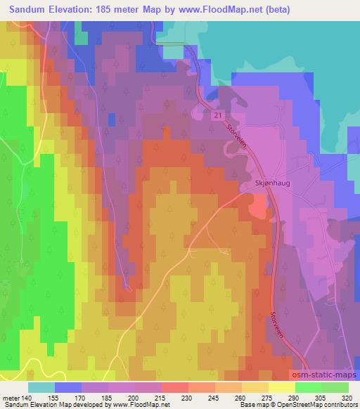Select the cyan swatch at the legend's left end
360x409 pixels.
point(41,387)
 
